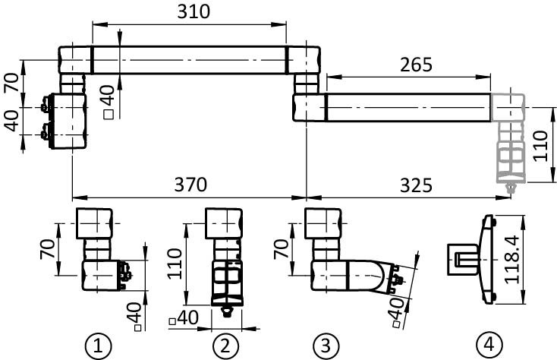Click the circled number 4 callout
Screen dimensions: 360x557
[x=486, y=346]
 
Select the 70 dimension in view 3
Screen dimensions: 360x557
[x=281, y=249]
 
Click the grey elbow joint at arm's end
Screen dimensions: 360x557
[x=507, y=108]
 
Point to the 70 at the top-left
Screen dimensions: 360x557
[x=11, y=82]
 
